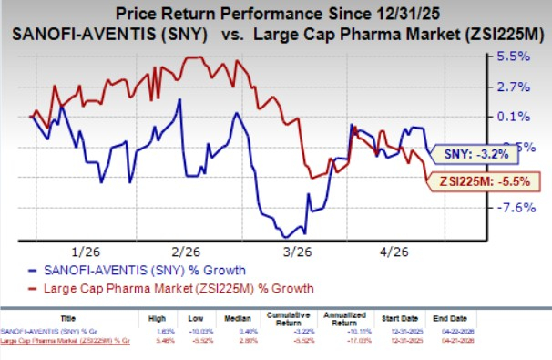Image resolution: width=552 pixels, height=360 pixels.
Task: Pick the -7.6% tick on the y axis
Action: pyautogui.click(x=514, y=208)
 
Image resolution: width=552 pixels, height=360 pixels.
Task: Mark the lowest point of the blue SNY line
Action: pyautogui.click(x=289, y=236)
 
